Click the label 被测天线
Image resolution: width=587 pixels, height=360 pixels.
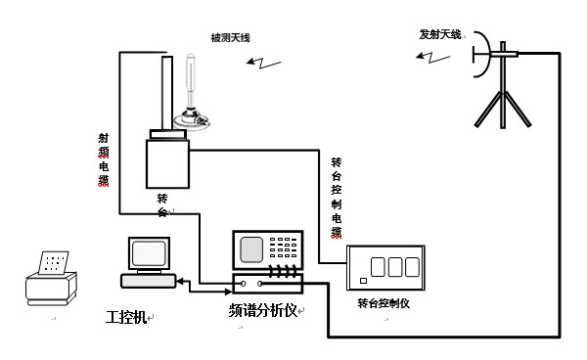click(230, 37)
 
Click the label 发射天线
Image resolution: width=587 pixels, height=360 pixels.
click(438, 33)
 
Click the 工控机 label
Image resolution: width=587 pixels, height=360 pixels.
click(125, 317)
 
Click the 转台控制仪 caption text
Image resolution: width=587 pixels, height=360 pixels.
click(383, 304)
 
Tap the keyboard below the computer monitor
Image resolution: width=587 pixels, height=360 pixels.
click(148, 281)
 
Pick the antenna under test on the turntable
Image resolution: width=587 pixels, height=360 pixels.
click(191, 93)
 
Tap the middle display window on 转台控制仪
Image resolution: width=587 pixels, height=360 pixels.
click(395, 266)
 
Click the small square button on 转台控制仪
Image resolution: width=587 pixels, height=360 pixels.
click(362, 282)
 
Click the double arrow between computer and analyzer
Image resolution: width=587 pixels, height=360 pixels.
click(204, 282)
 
